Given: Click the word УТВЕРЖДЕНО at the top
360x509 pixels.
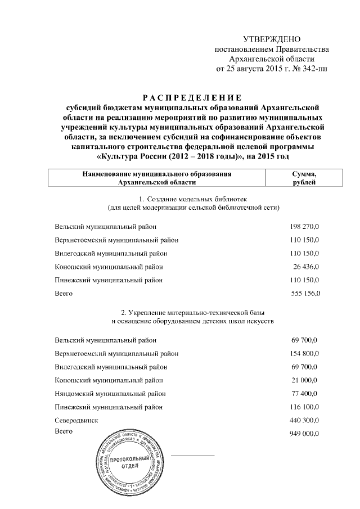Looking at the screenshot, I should coord(272,39).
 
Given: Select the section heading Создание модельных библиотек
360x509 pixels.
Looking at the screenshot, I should coord(195,199).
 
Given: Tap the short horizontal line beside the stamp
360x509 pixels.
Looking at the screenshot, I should coord(192,455).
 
